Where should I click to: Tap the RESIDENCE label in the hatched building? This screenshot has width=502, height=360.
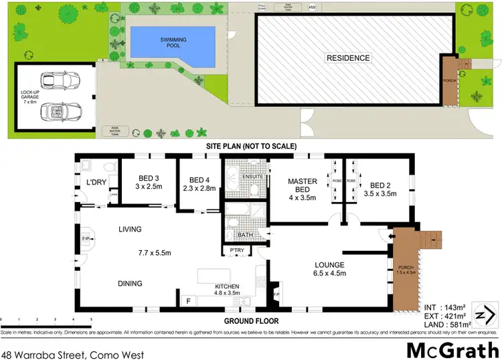pyautogui.click(x=348, y=58)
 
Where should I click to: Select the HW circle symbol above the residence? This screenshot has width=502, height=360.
pyautogui.click(x=312, y=7)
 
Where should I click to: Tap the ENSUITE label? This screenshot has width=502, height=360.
pyautogui.click(x=251, y=177)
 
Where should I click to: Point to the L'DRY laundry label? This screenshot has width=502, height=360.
pyautogui.click(x=96, y=183)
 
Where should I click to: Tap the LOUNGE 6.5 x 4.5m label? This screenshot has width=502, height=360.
pyautogui.click(x=329, y=268)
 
